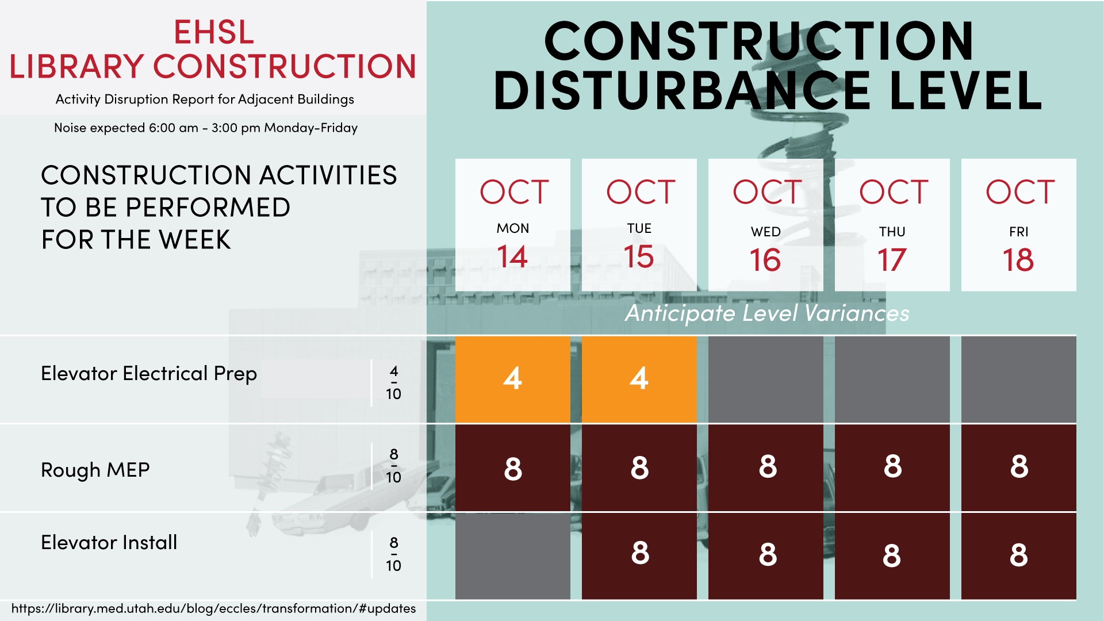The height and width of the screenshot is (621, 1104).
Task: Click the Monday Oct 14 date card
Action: click(513, 225)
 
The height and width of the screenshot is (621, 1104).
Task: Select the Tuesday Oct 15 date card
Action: click(639, 225)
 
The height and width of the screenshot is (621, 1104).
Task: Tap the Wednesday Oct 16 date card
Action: click(766, 225)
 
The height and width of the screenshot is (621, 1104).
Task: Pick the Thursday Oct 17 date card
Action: click(892, 225)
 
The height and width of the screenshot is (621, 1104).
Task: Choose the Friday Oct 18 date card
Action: click(1019, 225)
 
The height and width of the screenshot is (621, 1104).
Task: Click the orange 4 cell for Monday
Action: click(513, 379)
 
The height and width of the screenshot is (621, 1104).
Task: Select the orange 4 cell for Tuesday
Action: click(639, 379)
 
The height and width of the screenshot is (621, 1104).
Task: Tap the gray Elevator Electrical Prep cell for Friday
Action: click(1019, 379)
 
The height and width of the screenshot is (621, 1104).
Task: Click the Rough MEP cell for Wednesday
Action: click(766, 467)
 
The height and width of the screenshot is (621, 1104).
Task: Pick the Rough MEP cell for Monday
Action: click(513, 467)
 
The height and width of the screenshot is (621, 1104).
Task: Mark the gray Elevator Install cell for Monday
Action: click(513, 556)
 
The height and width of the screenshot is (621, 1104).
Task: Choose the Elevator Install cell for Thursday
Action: click(892, 556)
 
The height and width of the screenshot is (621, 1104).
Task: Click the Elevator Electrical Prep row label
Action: click(149, 374)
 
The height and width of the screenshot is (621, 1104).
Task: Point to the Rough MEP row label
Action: click(95, 470)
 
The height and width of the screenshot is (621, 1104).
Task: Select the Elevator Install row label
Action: click(109, 542)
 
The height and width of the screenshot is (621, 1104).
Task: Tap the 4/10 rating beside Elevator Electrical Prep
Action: click(394, 382)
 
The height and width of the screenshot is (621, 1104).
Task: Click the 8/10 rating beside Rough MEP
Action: click(394, 466)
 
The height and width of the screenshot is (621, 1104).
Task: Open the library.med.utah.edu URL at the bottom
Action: click(213, 608)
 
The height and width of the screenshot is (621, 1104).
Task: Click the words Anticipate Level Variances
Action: click(767, 313)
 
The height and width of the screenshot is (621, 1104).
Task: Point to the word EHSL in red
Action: click(214, 32)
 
